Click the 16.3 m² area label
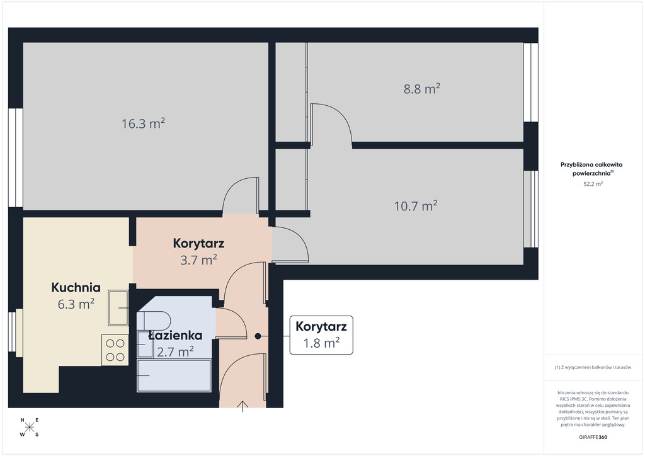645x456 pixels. (x=143, y=123)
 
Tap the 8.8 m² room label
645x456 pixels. (x=421, y=89)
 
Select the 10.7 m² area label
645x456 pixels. (x=416, y=205)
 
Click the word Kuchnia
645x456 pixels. (x=76, y=287)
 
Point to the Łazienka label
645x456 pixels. (x=175, y=335)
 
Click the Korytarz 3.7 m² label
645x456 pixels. (x=198, y=251)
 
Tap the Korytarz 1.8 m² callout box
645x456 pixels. (x=321, y=334)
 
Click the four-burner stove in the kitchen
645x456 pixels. (x=115, y=350)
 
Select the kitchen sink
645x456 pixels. (x=118, y=307)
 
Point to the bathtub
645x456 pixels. (x=174, y=375)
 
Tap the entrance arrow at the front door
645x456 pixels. (x=243, y=406)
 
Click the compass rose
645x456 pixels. (x=30, y=427)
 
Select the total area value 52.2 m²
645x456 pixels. (x=593, y=184)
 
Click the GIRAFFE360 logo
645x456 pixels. (x=593, y=437)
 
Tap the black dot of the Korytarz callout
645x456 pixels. (x=258, y=336)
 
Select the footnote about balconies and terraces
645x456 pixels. (x=593, y=367)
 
